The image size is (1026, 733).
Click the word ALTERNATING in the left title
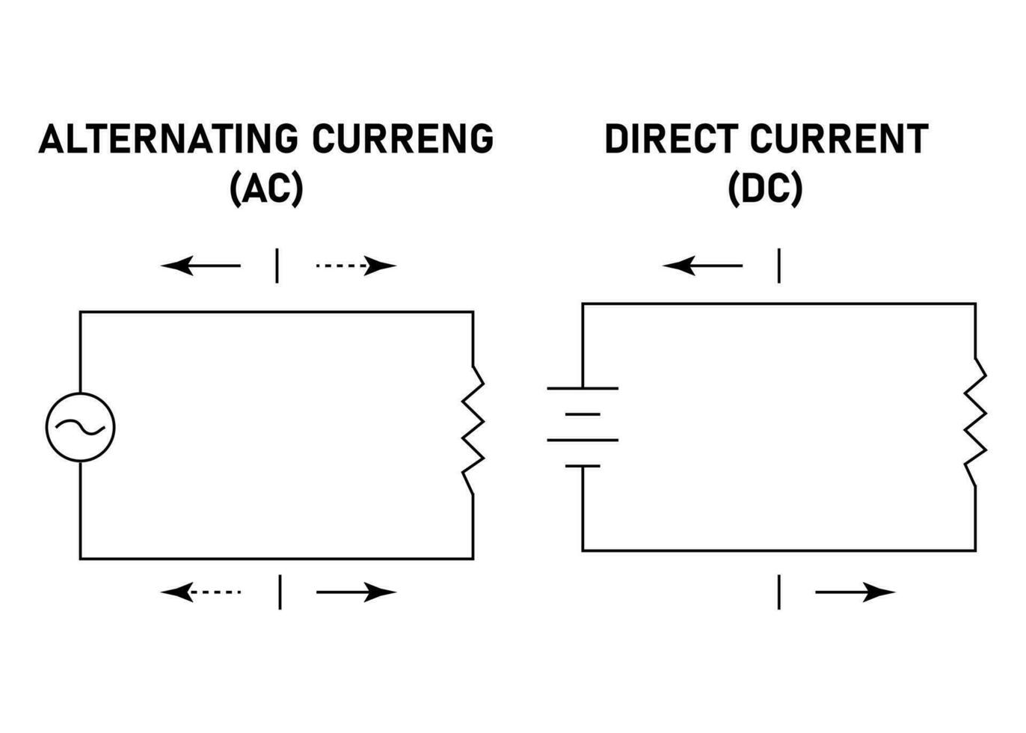point(168,139)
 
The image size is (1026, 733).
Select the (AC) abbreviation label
point(266,188)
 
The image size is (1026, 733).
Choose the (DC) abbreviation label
point(764,188)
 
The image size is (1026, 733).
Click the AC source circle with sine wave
point(81,427)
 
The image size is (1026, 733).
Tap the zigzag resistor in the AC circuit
point(473,429)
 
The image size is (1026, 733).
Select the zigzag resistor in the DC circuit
point(975,422)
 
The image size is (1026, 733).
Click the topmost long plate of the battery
point(583,388)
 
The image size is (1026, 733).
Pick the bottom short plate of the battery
point(583,466)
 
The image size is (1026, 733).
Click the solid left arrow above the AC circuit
point(200,265)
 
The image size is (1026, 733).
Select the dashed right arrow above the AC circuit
point(356,265)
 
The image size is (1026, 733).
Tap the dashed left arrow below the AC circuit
point(200,592)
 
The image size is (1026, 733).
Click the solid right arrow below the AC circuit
point(356,592)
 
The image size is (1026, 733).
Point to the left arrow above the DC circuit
point(702,265)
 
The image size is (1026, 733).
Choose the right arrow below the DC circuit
point(855,592)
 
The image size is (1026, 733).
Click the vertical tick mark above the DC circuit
point(779,266)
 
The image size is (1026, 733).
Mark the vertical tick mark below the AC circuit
point(280,592)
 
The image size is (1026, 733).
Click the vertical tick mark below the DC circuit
point(779,592)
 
